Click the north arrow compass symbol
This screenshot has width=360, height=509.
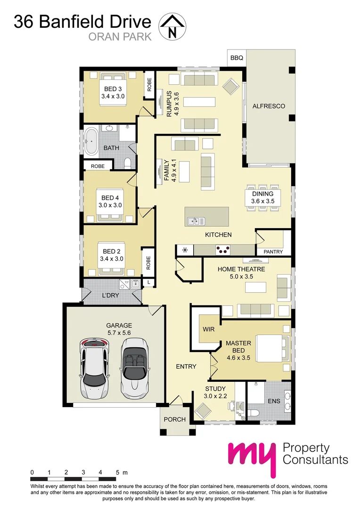pyautogui.click(x=172, y=26)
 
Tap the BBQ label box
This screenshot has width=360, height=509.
pyautogui.click(x=237, y=58)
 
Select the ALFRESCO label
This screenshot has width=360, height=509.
pyautogui.click(x=269, y=106)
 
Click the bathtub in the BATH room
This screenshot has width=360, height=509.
pyautogui.click(x=91, y=140)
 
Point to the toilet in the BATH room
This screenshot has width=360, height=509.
pyautogui.click(x=126, y=164)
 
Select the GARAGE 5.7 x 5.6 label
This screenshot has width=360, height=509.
pyautogui.click(x=119, y=329)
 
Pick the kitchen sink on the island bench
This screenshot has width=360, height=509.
pyautogui.click(x=195, y=221)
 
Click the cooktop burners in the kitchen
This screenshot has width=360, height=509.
pyautogui.click(x=223, y=250)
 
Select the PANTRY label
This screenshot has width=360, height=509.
pyautogui.click(x=273, y=252)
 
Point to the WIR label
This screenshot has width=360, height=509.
pyautogui.click(x=209, y=329)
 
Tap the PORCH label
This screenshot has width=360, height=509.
pyautogui.click(x=174, y=419)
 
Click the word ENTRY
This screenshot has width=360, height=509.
pyautogui.click(x=186, y=366)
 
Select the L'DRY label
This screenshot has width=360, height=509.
pyautogui.click(x=110, y=296)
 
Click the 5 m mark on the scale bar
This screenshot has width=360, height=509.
pyautogui.click(x=118, y=472)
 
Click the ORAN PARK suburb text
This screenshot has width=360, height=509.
pyautogui.click(x=120, y=36)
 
